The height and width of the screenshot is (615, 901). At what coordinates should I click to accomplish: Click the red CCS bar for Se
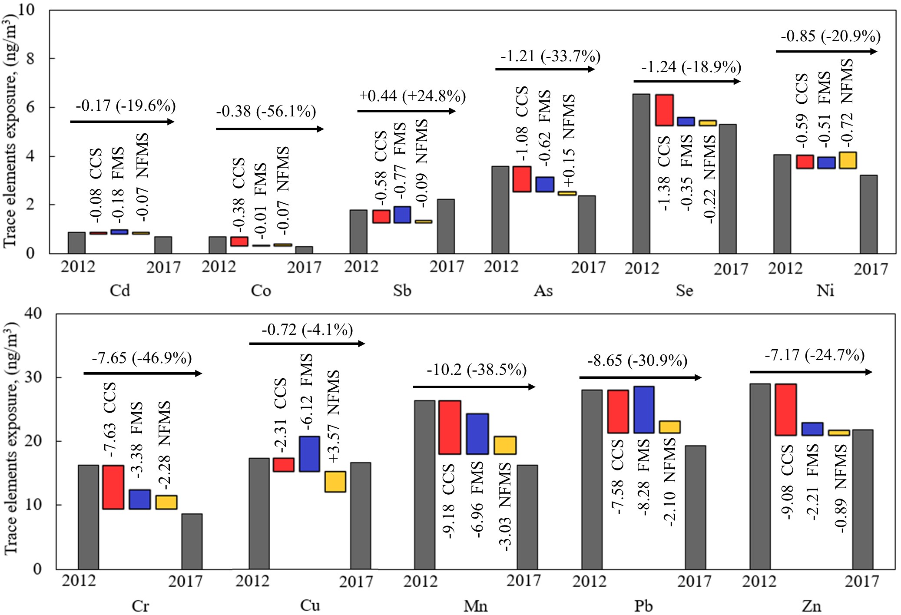pos(664,110)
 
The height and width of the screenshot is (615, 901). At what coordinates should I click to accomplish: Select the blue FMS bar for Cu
pos(309,454)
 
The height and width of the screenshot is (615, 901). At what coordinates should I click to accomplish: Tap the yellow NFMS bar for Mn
pos(505,446)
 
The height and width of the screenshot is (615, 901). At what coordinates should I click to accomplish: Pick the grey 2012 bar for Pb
pos(592,479)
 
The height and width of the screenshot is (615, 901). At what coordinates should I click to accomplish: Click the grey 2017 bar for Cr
pos(192,541)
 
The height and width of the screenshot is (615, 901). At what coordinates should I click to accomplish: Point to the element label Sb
pos(402,290)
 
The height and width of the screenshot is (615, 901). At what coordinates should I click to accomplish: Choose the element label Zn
pos(811,605)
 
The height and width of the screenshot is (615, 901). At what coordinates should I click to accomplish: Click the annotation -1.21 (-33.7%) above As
pos(550,56)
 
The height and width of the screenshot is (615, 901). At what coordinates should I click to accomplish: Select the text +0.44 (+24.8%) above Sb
pos(412,96)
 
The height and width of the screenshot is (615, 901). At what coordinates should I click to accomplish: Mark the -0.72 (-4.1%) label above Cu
pos(307,330)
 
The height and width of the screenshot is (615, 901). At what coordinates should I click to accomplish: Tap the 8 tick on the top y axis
pos(30,58)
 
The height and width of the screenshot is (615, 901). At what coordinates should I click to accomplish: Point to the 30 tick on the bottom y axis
pos(33,377)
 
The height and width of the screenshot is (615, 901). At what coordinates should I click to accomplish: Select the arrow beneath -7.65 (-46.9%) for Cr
pos(142,373)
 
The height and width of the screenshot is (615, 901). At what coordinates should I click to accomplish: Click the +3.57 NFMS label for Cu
pos(333,417)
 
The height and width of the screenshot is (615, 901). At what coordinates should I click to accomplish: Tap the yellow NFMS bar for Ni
pos(848,160)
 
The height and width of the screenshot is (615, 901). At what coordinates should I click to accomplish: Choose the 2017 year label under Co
pos(304,267)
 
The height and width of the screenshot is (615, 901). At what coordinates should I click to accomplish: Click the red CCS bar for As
pos(522,179)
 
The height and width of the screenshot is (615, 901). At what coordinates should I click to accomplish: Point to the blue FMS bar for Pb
pos(643,410)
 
